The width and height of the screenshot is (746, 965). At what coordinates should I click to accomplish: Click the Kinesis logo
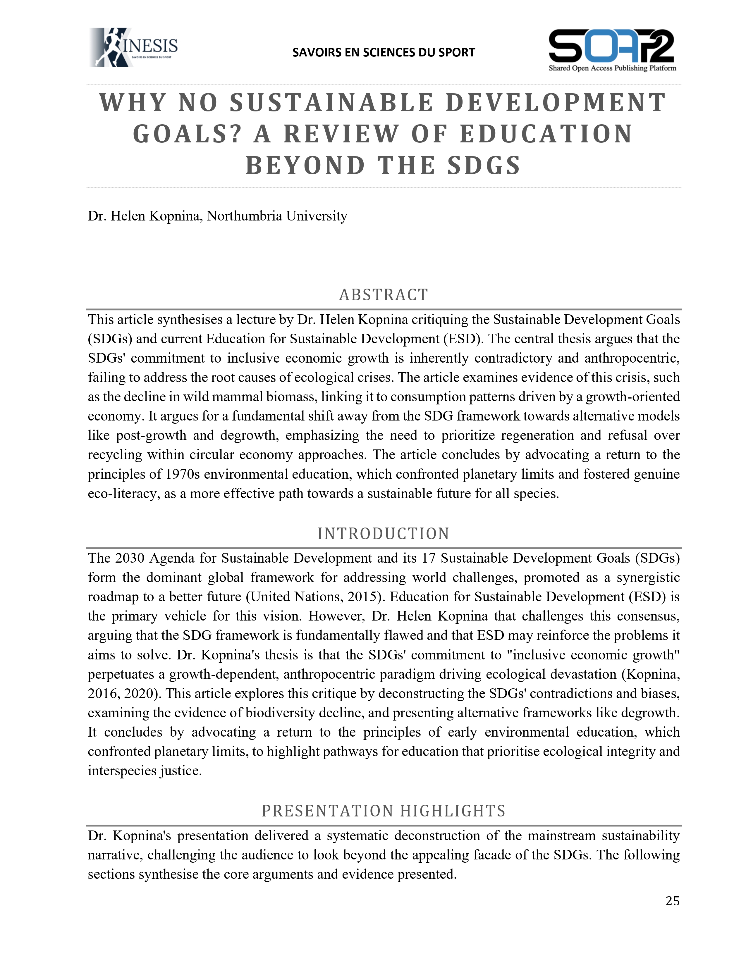(x=133, y=47)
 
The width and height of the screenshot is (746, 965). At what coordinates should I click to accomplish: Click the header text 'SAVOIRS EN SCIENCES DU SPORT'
(x=383, y=53)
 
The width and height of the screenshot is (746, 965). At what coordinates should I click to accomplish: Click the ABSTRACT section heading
(x=383, y=295)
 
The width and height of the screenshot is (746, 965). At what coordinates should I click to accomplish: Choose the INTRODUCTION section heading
(x=383, y=534)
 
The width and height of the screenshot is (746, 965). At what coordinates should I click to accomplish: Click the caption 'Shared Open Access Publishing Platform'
(x=612, y=68)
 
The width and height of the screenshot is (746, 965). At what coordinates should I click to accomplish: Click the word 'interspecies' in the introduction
(x=115, y=771)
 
